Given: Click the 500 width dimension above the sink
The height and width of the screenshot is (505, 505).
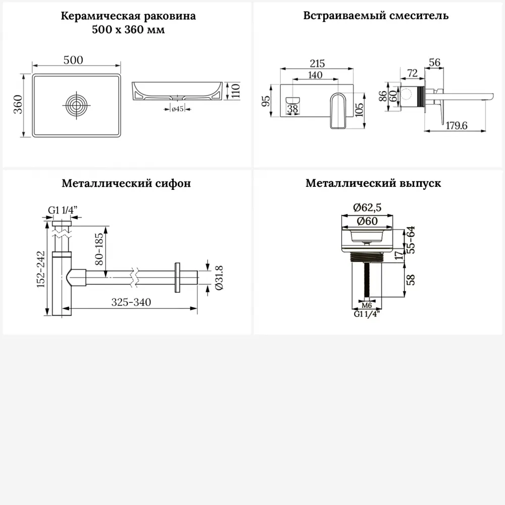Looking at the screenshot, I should pos(73,60).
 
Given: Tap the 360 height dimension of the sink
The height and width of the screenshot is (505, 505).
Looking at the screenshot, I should pos(17,105).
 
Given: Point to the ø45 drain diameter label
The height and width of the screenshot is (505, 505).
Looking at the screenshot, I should pos(177,109).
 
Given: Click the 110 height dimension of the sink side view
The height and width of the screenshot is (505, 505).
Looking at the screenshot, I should pos(235,91).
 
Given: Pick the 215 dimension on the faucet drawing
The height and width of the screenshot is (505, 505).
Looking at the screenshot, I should pos(317,64).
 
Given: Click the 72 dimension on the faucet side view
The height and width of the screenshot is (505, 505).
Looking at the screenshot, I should pos(412,74).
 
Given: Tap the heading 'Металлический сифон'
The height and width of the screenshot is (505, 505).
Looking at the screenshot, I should pos(126,183).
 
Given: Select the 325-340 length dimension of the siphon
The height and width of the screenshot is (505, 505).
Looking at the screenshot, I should pos(131,302).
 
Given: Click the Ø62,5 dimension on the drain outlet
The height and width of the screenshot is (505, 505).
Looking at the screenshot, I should pos(367,208).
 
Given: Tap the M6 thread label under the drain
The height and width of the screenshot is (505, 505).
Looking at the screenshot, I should pos(367,306).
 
